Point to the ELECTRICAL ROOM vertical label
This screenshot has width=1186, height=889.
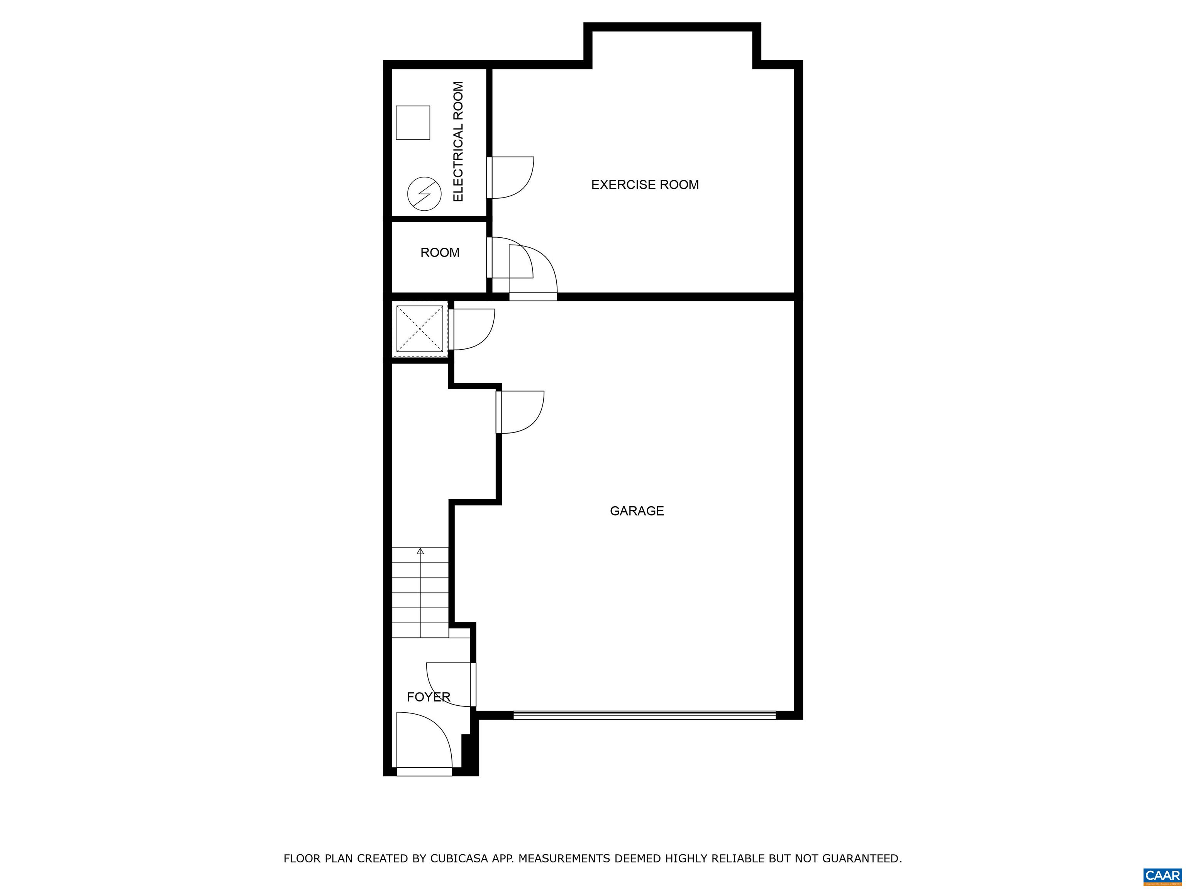coord(458,142)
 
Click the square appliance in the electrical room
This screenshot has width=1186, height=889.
coord(413,123)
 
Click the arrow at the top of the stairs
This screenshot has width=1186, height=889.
coord(420,551)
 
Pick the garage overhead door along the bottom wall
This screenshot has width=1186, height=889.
coord(644,715)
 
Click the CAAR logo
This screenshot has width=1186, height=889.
coord(1162,875)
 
